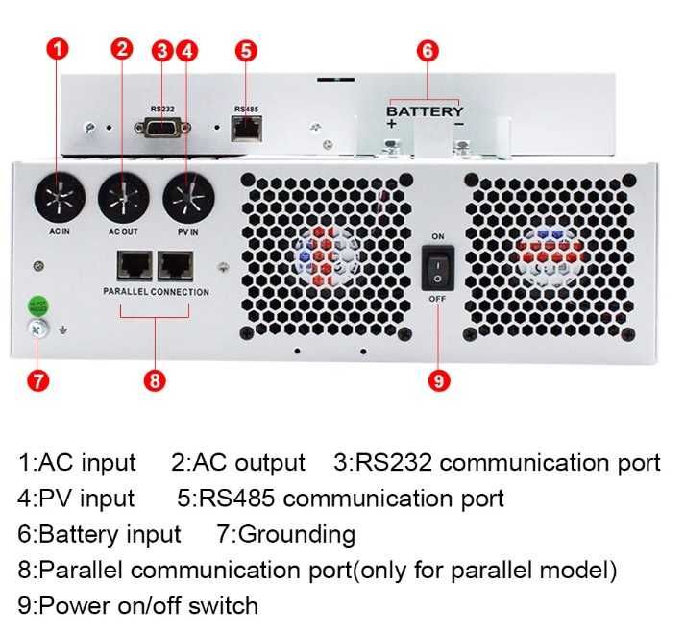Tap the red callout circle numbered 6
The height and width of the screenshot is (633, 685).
428,51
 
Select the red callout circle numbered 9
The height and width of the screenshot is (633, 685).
438,380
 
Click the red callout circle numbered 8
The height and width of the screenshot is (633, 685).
154,380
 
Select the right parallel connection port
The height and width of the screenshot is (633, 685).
176,264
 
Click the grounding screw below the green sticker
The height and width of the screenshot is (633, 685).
37,329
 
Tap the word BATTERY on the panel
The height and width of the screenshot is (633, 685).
425,111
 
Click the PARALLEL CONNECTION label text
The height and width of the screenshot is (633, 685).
156,291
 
